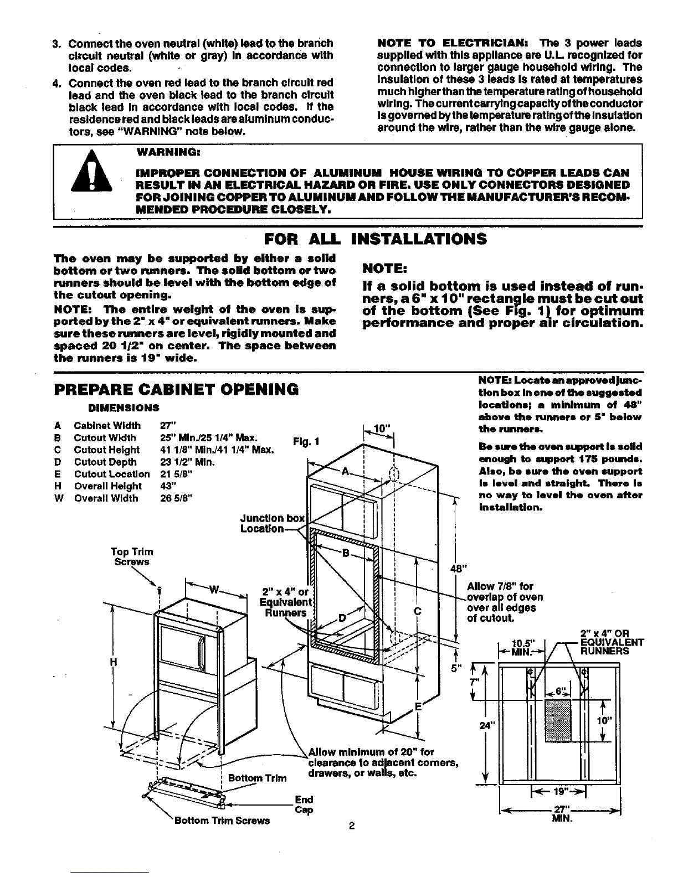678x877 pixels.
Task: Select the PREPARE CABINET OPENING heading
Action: pos(176,389)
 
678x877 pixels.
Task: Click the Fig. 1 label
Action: pos(307,442)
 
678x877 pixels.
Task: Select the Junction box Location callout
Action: pos(272,523)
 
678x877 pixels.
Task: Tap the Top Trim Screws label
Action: pos(132,556)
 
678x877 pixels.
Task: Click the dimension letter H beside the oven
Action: pos(113,662)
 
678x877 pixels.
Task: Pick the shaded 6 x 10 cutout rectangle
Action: pos(562,720)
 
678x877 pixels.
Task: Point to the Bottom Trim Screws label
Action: pos(222,821)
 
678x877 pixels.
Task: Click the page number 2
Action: pos(351,827)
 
